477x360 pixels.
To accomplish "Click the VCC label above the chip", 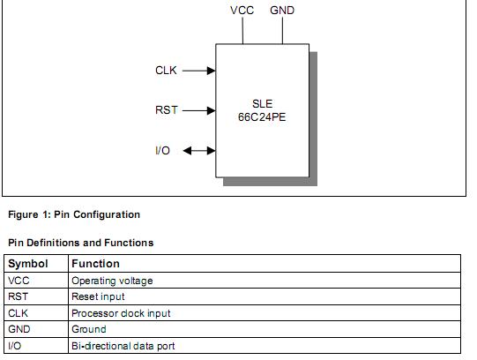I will click(x=242, y=11).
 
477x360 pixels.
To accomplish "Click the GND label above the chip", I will click(x=282, y=11).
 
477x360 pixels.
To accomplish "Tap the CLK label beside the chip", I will click(x=167, y=71).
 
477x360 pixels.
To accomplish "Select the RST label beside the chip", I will click(x=167, y=110).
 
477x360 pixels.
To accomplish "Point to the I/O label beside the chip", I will click(x=162, y=151).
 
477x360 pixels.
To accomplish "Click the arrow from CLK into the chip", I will click(x=199, y=71).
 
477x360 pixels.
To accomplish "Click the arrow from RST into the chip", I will click(x=199, y=110).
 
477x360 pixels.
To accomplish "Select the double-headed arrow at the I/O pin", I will click(x=198, y=151).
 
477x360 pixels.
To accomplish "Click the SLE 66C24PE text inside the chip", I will click(x=262, y=110).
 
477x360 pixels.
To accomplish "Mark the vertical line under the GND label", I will click(x=282, y=30).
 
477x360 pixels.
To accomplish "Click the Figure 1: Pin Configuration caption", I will click(x=74, y=214).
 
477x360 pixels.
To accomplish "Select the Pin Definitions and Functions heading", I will click(x=80, y=243).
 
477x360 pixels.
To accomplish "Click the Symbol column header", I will click(x=28, y=263).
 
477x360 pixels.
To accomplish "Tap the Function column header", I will click(x=95, y=263).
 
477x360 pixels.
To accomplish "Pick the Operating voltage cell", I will click(x=112, y=281).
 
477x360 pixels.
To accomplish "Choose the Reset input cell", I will click(x=98, y=296).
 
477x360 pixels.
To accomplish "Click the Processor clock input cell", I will click(x=121, y=313).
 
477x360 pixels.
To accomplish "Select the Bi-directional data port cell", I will click(x=123, y=346).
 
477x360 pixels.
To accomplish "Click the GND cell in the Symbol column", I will click(x=19, y=329).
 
